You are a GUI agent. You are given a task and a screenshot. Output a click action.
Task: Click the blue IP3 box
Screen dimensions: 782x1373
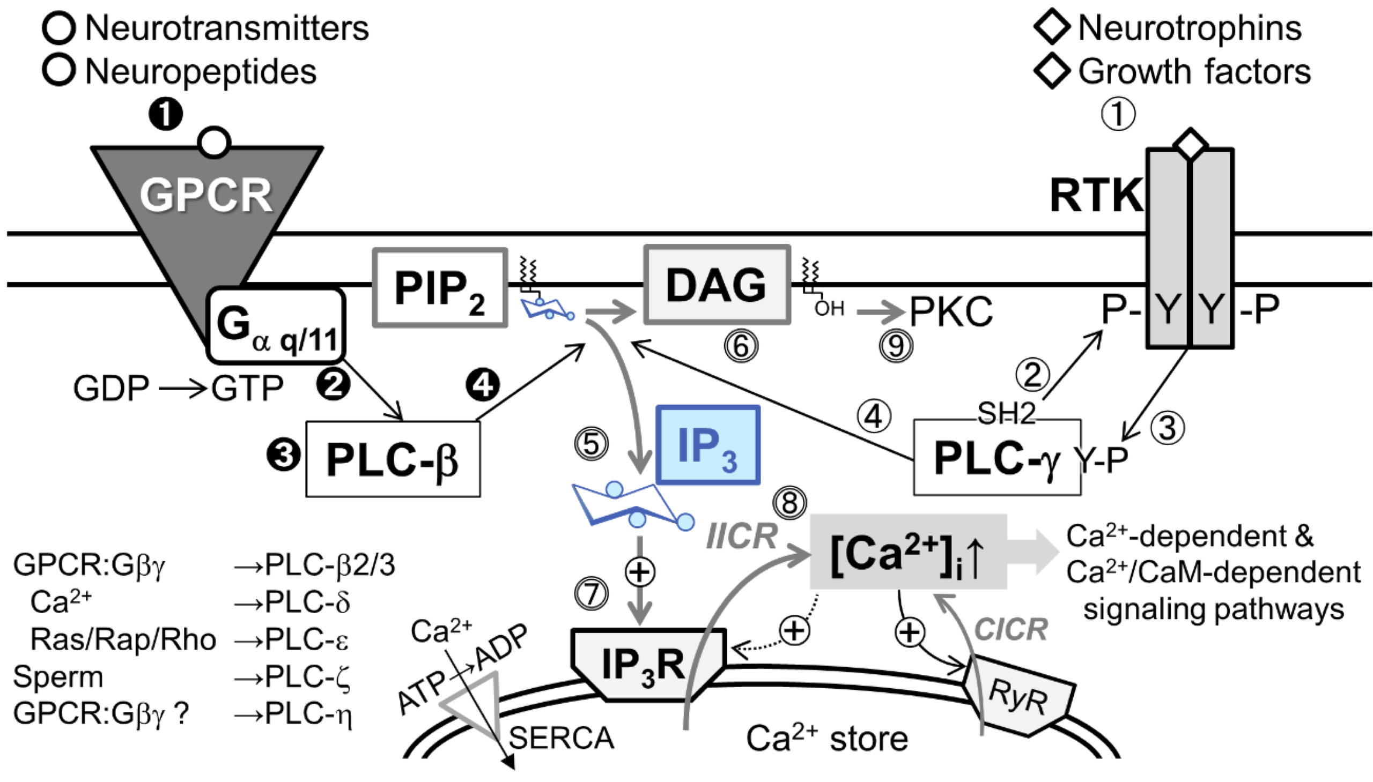[707, 445]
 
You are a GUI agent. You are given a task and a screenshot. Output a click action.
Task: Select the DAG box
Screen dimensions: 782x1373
[717, 285]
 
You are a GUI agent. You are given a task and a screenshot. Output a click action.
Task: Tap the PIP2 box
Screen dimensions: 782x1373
[440, 288]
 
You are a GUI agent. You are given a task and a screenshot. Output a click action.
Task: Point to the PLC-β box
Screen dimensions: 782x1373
[393, 459]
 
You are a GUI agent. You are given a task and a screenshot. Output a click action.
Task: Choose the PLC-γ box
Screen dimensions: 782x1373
[997, 458]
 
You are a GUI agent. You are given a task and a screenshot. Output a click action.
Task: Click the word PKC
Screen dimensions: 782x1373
[950, 311]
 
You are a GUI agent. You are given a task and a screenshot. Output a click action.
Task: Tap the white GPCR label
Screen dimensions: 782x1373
[206, 195]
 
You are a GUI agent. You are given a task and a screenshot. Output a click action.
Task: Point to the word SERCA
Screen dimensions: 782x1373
[561, 738]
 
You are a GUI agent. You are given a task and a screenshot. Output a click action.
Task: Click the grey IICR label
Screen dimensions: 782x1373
[742, 536]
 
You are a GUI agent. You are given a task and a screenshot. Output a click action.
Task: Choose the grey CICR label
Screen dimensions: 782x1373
[1011, 629]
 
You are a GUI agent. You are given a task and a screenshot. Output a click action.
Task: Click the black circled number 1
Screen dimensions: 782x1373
[166, 114]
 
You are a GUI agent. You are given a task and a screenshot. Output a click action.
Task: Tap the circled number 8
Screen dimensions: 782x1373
[789, 503]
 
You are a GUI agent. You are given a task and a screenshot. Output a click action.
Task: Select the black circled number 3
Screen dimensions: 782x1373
[284, 456]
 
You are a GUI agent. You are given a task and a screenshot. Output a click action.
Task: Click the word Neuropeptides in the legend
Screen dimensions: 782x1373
[201, 71]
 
